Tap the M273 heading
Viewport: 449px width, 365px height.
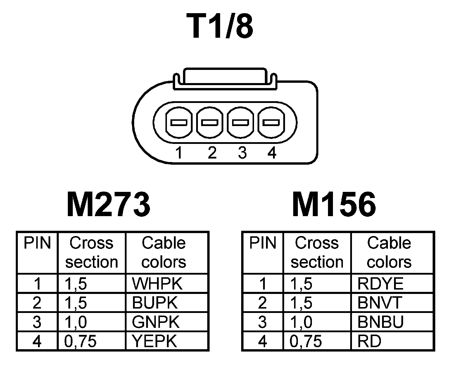coord(109,204)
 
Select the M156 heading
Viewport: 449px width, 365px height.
coord(334,204)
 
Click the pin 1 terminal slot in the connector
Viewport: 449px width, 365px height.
coord(179,122)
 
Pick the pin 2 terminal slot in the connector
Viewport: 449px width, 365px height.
coord(210,122)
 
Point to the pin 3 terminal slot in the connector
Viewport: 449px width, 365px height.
coord(240,122)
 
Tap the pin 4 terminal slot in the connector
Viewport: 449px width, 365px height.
coord(271,122)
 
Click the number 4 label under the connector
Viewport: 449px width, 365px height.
coord(272,153)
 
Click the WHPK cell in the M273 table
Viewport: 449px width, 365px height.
coord(157,283)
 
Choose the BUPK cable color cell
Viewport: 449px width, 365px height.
coord(155,303)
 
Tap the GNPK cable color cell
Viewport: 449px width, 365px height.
coord(156,322)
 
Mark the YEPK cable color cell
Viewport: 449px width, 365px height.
coord(155,341)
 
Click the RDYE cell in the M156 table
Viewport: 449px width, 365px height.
coord(380,283)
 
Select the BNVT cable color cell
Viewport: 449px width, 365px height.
coord(380,303)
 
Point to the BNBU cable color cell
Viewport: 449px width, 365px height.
coord(380,322)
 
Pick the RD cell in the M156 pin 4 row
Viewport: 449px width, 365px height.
coord(369,341)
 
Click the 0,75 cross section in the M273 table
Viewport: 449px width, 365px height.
coord(80,341)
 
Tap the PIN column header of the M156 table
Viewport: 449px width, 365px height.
coord(263,243)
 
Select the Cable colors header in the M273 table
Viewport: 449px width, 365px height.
coord(164,252)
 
